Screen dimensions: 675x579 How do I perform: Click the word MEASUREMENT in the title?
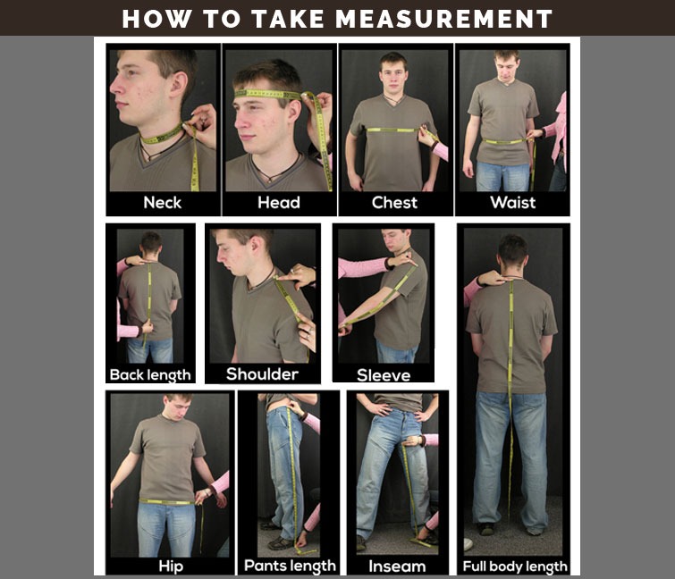pos(443,20)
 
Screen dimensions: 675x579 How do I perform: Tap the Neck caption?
pos(163,202)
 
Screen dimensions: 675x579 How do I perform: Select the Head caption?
pos(279,202)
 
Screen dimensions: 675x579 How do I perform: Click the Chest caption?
pos(394,202)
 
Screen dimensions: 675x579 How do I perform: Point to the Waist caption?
pos(512,202)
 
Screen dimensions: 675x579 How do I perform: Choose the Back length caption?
pos(150,375)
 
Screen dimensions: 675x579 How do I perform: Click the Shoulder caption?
pos(262,373)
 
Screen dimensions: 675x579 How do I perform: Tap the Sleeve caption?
pos(384,375)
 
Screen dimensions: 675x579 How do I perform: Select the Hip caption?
pos(171,566)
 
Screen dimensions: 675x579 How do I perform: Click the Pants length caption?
pos(290,566)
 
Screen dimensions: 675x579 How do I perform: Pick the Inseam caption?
pos(397,566)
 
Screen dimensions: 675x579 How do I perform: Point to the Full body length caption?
pos(515,566)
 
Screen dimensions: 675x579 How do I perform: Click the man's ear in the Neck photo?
pos(178,86)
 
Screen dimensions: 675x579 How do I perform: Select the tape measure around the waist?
pos(506,141)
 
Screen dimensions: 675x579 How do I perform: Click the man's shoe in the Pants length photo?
pos(281,543)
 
